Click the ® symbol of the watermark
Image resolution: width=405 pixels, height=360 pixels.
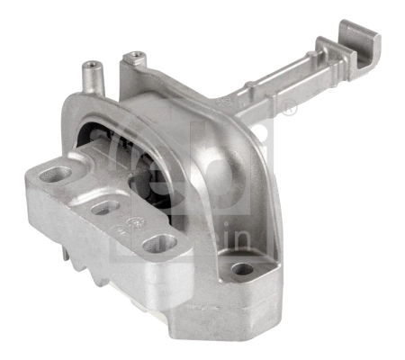(x=291, y=112)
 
